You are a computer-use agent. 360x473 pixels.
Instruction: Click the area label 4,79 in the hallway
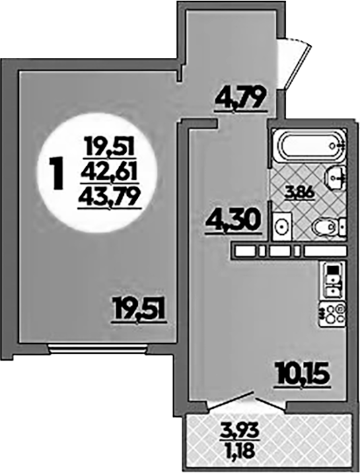(241, 98)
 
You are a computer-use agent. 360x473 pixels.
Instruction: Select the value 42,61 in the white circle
(109, 172)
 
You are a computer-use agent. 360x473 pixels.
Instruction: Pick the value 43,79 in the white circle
(110, 198)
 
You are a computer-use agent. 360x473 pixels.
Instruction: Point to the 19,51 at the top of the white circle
(109, 147)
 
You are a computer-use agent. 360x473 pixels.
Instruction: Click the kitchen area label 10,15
(301, 374)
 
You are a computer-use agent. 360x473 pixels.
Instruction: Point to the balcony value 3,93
(240, 431)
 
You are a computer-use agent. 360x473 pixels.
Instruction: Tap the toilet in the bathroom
(328, 226)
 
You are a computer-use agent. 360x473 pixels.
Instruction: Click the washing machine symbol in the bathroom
(283, 225)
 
